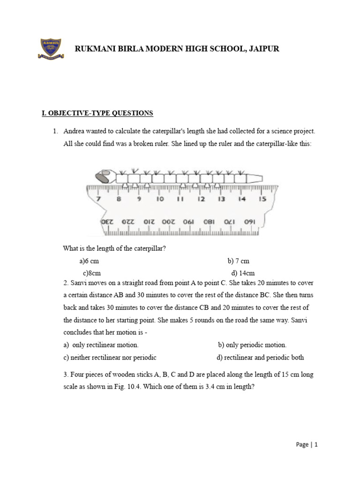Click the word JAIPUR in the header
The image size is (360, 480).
(x=262, y=49)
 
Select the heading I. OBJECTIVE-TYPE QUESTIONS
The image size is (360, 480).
(x=97, y=113)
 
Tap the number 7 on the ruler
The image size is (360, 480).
(x=98, y=199)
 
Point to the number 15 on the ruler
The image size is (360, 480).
(x=262, y=199)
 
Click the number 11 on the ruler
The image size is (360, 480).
(x=180, y=199)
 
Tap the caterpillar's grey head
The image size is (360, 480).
(x=102, y=177)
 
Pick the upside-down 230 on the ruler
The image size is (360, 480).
(x=107, y=221)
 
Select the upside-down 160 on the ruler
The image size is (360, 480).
(x=250, y=221)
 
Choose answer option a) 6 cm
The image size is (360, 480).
(x=89, y=261)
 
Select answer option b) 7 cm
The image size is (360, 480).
(x=239, y=261)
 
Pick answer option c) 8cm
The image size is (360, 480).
(x=92, y=273)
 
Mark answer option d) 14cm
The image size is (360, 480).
(x=243, y=273)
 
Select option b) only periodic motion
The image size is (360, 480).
(x=252, y=345)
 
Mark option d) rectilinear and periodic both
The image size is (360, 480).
(x=260, y=357)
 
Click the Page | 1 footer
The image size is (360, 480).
(x=307, y=444)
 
